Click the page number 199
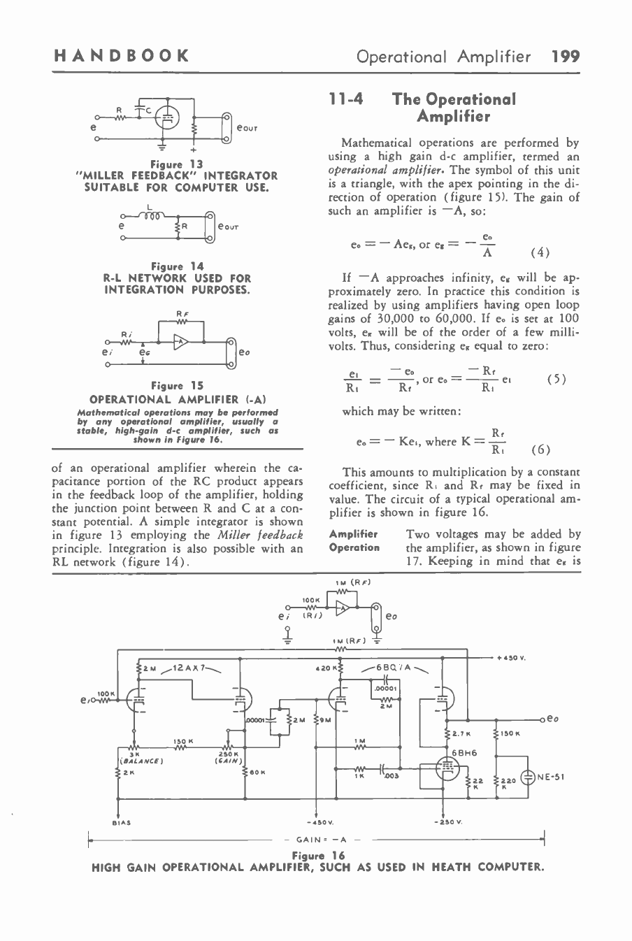coord(565,55)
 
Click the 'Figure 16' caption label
coord(318,856)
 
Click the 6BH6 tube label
coord(463,752)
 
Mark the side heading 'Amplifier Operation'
coord(354,540)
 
